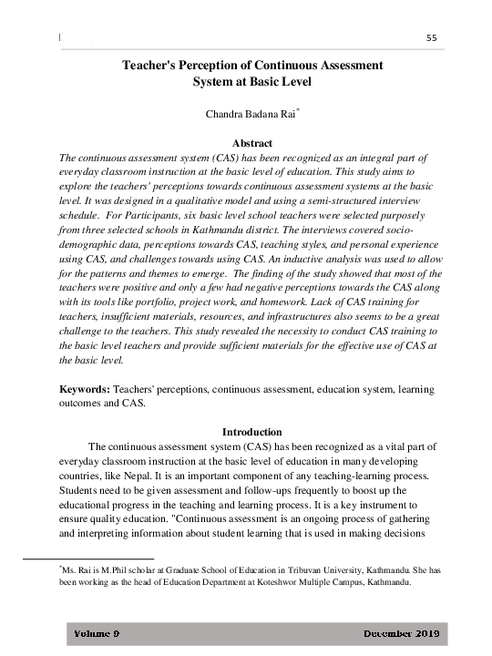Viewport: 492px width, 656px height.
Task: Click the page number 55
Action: click(x=432, y=36)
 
